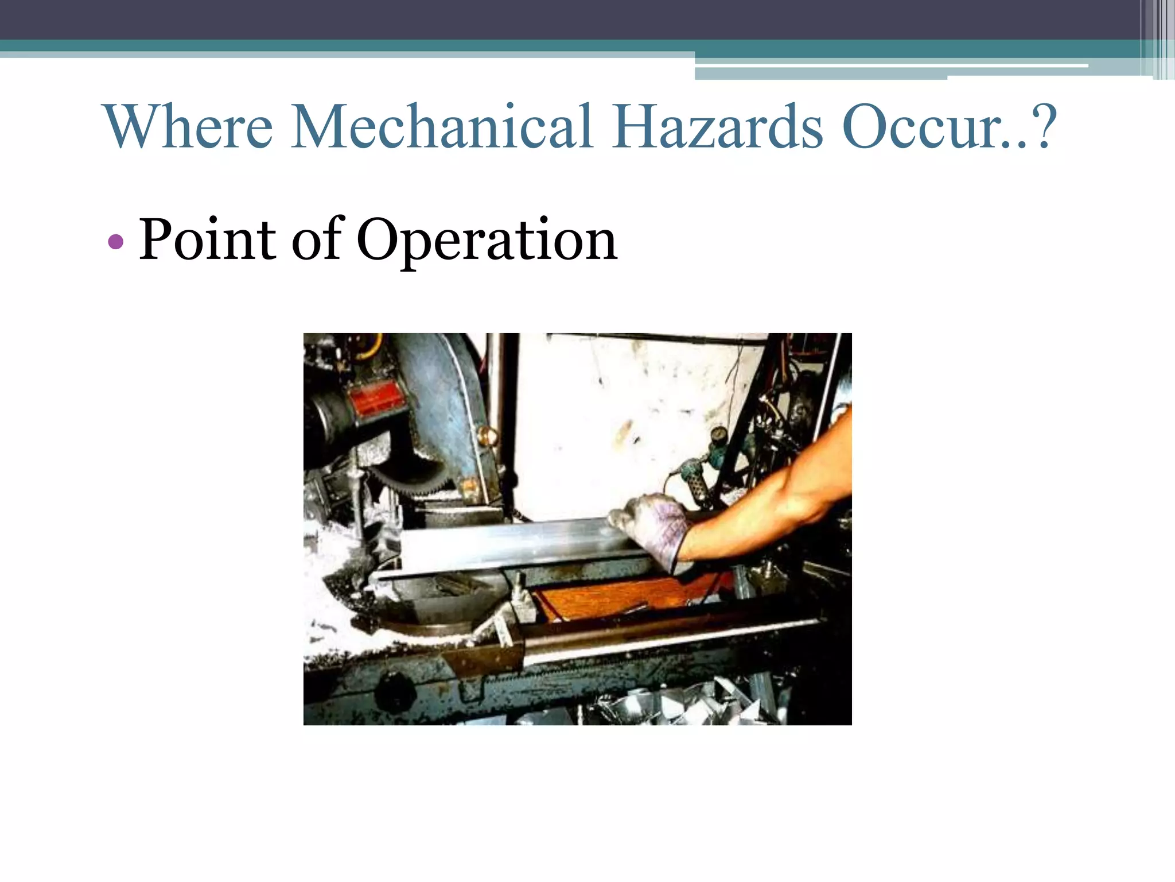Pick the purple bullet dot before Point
[x=115, y=242]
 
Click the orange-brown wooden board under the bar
[x=620, y=597]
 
